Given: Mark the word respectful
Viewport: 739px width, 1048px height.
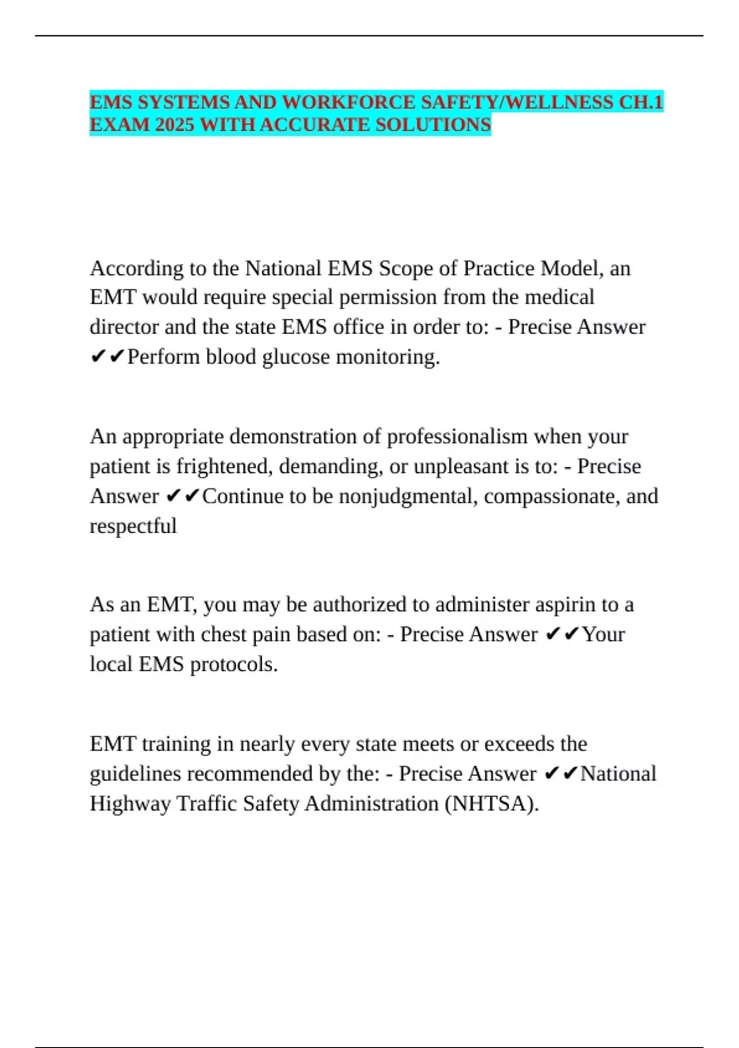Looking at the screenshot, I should point(133,526).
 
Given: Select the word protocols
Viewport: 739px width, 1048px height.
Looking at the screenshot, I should point(234,665).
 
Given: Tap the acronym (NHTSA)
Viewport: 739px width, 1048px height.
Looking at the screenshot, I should point(491,804).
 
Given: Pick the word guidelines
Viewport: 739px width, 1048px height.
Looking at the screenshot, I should point(135,774).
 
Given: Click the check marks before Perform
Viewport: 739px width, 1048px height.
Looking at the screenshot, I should point(108,357).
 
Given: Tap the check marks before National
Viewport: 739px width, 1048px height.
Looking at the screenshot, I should point(562,774).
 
